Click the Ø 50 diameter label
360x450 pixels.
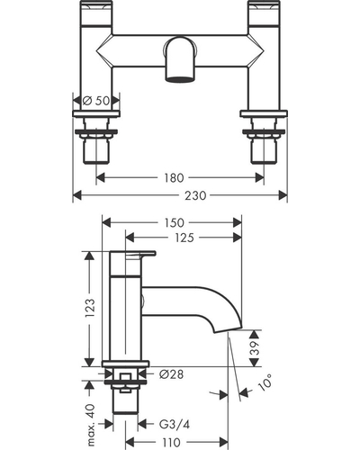tap(96, 101)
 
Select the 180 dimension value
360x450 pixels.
tap(174, 178)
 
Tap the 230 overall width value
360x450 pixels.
tap(195, 195)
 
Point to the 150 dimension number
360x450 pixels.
tap(174, 223)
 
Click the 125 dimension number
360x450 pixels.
tap(184, 238)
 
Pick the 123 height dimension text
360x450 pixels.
tap(90, 308)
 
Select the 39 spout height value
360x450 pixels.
tap(255, 348)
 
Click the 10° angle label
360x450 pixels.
tap(265, 382)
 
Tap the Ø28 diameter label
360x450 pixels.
tap(171, 374)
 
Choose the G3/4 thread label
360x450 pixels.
tap(175, 425)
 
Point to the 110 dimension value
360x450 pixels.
tap(172, 442)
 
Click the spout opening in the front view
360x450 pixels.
tap(180, 79)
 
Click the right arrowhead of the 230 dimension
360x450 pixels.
tap(283, 195)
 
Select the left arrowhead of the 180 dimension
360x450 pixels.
tap(101, 177)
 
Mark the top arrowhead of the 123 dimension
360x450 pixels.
tap(89, 256)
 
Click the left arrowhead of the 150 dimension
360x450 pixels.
tap(106, 223)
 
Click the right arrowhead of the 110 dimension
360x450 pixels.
tap(223, 442)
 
